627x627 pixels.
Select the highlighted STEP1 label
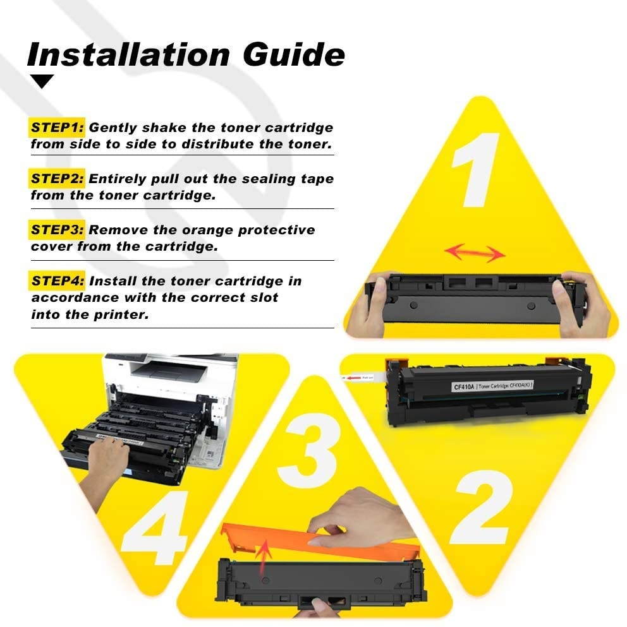click(58, 128)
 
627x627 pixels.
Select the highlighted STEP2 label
click(58, 179)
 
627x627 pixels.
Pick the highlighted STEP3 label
click(58, 230)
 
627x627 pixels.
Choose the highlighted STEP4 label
click(58, 280)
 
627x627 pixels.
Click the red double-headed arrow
click(475, 253)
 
